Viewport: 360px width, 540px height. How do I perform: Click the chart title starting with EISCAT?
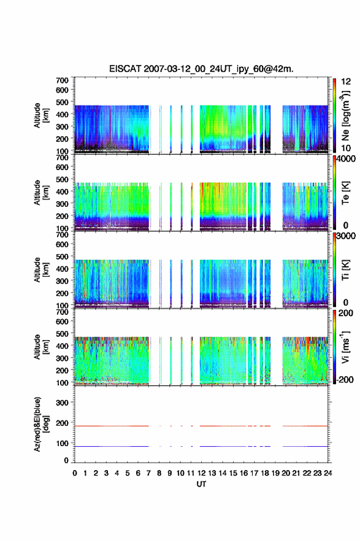point(201,69)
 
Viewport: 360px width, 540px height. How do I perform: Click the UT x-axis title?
point(201,484)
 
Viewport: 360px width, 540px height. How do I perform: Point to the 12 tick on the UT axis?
point(201,473)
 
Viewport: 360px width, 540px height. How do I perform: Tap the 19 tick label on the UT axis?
point(275,473)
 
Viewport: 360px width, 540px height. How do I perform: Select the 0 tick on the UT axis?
point(75,473)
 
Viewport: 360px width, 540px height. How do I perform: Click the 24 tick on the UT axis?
point(327,473)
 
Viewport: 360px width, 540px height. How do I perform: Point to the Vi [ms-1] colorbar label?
point(345,347)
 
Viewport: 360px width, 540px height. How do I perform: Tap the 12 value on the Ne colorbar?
point(346,82)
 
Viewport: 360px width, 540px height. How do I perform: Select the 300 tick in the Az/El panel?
point(63,403)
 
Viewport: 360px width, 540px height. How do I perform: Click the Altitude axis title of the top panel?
point(41,115)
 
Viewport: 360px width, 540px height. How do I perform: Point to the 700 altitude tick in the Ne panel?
point(63,80)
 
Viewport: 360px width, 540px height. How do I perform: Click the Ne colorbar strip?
point(334,115)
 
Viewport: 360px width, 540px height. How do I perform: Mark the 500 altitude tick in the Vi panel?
point(63,334)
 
